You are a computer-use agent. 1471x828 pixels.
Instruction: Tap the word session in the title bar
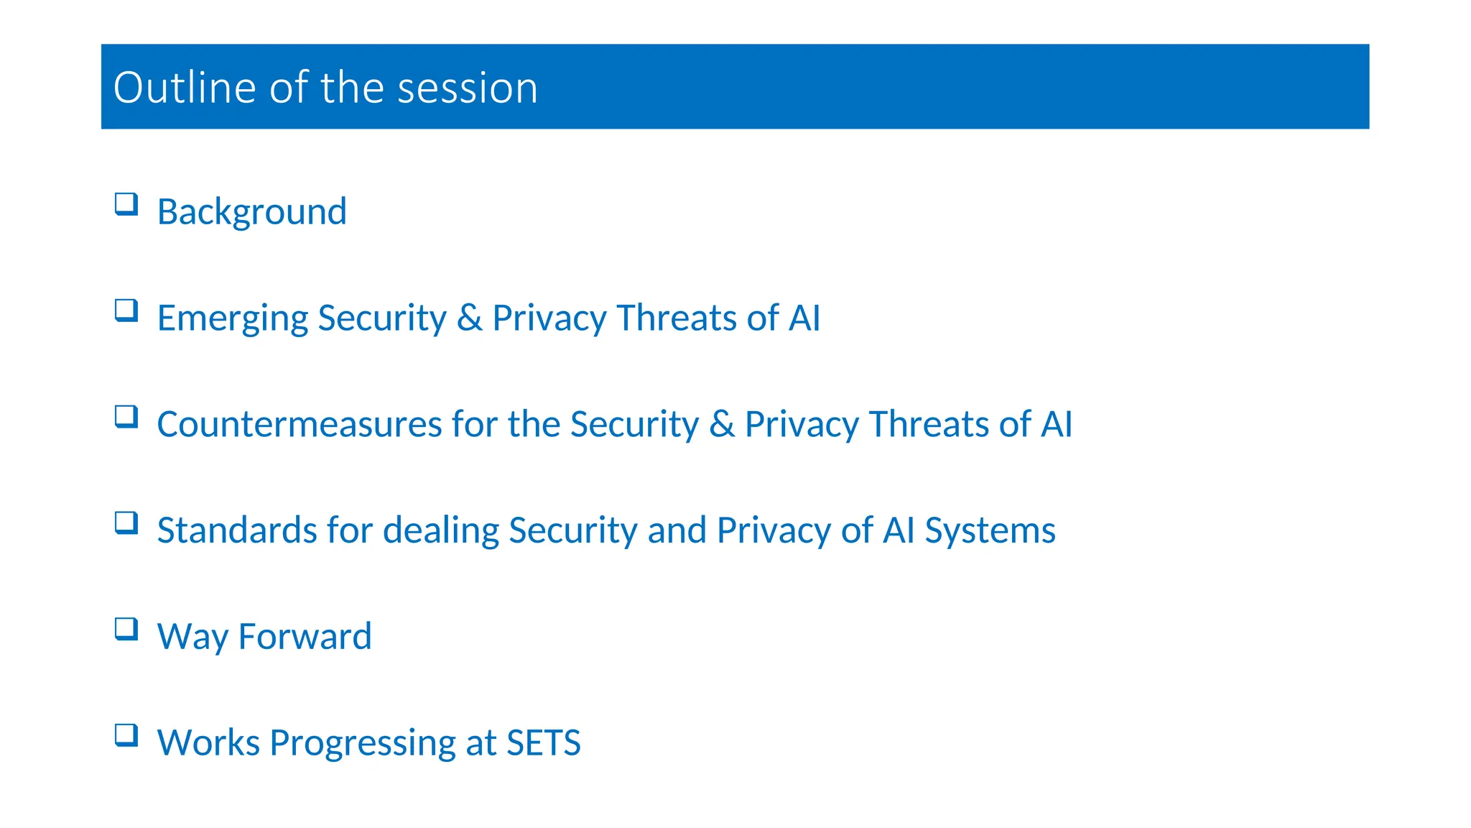coord(467,88)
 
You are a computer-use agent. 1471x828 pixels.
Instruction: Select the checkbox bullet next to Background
coord(126,204)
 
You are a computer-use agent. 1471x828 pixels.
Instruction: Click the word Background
coord(251,212)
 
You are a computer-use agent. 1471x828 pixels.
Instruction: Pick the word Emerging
coord(231,318)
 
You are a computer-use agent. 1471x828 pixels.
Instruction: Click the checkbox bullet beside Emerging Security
coord(126,310)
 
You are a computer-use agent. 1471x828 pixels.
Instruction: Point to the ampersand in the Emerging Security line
coord(469,318)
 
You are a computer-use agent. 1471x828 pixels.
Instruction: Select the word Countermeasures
coord(298,424)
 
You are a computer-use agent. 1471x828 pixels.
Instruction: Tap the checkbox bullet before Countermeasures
coord(126,417)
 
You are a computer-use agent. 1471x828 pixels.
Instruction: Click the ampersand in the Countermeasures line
coord(722,424)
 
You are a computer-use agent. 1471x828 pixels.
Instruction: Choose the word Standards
coord(237,530)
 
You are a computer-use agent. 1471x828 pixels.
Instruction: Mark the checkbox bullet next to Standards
coord(126,523)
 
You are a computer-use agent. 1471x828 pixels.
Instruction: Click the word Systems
coord(990,530)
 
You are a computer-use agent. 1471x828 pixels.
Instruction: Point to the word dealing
coord(440,530)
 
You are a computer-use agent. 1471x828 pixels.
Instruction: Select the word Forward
coord(305,637)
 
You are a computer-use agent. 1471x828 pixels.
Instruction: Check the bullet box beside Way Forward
coord(126,629)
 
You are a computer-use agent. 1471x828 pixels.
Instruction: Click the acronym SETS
coord(543,743)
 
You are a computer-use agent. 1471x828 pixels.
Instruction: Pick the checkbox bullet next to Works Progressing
coord(126,735)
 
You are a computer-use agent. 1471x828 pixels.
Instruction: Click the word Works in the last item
coord(208,743)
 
